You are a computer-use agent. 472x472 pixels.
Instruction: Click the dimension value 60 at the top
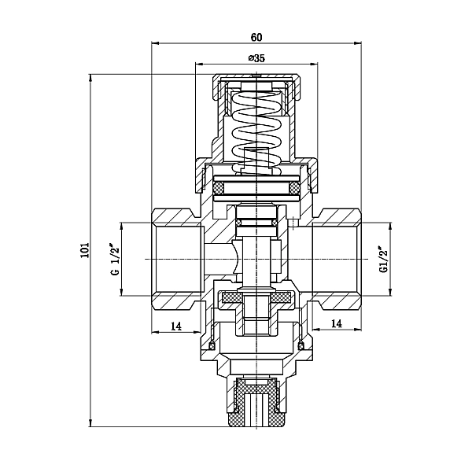256,36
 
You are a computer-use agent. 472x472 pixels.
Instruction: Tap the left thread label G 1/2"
115,260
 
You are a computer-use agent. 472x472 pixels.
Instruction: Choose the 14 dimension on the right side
335,323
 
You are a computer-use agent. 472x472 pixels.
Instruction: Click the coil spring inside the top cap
258,130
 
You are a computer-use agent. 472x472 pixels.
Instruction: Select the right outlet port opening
334,259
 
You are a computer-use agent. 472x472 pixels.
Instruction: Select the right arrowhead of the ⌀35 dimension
315,64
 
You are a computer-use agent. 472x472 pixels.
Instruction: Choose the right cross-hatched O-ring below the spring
293,189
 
